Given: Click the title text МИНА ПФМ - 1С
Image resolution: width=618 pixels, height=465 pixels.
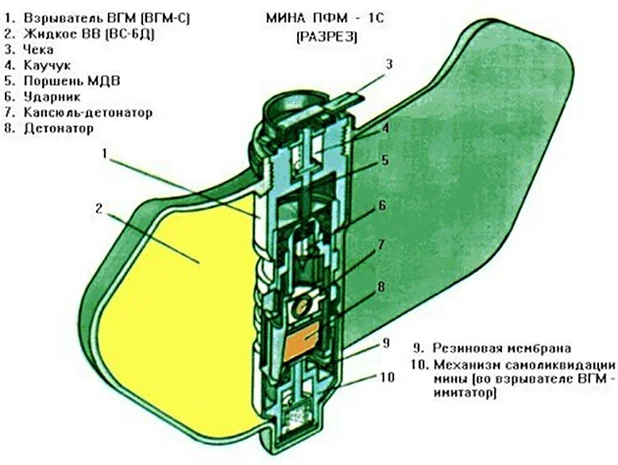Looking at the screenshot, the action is pos(325,18).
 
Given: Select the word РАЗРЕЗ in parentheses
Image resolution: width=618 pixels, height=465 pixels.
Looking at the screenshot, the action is pos(326,37).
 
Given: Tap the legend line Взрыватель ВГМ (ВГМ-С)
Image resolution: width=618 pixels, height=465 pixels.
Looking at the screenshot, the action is pos(106,18).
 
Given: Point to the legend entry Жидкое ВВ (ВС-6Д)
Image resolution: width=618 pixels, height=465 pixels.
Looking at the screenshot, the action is pos(89,34).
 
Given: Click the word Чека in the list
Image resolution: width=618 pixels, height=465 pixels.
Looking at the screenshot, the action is pos(38,50).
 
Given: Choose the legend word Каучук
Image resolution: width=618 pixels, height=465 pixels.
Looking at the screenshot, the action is pos(48,65).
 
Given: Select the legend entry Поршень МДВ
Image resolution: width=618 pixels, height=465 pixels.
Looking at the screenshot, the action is pos(71,81).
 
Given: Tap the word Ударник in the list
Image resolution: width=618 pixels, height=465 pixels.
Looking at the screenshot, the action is pos(52,97).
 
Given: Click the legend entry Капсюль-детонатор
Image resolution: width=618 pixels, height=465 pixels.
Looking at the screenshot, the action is pos(88,113).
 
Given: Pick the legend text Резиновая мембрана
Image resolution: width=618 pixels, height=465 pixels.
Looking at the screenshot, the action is pos(502,348).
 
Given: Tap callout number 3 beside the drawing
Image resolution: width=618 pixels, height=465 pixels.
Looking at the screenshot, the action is pos(389,64).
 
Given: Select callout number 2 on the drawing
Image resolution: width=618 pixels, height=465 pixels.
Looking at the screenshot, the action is pos(99,208).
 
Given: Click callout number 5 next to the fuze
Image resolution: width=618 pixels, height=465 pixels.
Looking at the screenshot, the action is pos(384,160).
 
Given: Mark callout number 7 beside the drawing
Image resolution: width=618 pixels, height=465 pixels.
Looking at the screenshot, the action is pos(381,245).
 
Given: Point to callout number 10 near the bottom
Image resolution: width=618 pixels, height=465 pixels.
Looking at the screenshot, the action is pos(387,377).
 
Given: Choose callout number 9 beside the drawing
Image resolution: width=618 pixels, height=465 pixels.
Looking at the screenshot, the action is pos(385,343).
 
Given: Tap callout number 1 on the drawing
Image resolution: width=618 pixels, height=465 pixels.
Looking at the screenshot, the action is pos(105,153).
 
